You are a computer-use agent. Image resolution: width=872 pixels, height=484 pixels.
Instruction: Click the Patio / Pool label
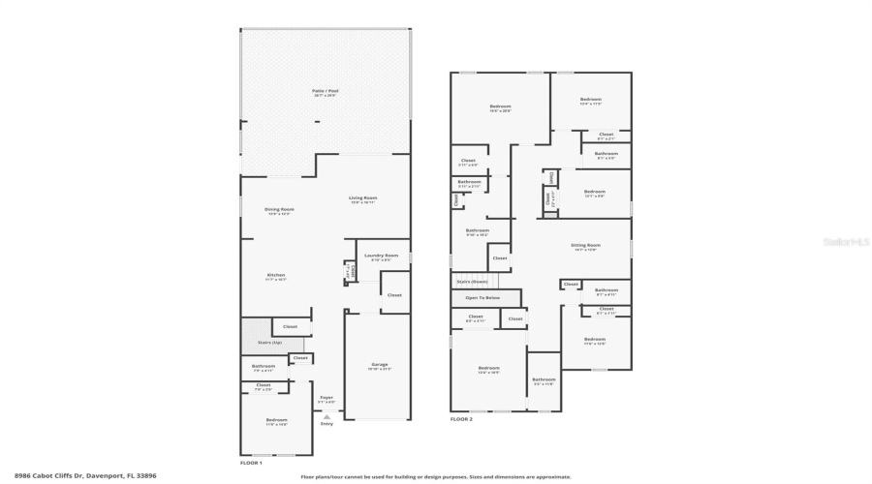[326, 91]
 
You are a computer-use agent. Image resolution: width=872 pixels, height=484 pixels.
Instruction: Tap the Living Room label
[363, 198]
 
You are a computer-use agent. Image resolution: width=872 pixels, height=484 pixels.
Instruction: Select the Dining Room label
[279, 209]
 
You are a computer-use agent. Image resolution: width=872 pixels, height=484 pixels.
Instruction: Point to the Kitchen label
[276, 276]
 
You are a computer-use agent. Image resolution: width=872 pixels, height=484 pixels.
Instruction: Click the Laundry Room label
[381, 256]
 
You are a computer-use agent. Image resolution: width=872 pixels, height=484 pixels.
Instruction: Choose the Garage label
[379, 365]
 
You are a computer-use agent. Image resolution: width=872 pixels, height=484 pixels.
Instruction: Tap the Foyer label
[327, 397]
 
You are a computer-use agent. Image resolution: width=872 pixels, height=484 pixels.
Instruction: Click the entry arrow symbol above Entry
[327, 416]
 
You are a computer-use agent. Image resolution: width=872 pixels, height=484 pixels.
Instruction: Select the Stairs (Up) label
[270, 344]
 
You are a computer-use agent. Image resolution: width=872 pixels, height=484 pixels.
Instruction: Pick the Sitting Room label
[585, 246]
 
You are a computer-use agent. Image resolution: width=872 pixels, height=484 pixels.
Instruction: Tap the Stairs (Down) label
[472, 282]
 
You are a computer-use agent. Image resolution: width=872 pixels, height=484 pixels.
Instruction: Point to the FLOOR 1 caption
[251, 464]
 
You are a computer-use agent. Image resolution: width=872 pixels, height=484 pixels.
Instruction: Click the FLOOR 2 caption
[461, 419]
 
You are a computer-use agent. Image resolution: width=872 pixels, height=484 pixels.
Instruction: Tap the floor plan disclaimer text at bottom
[436, 476]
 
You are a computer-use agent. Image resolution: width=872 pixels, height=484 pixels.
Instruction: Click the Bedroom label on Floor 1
[276, 419]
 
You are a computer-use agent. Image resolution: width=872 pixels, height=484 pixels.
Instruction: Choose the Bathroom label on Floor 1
[264, 366]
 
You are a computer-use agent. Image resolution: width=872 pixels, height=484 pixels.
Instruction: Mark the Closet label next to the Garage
[394, 294]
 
